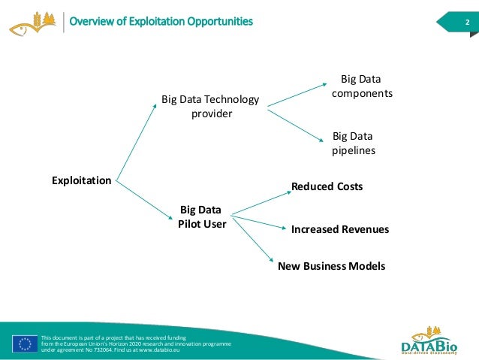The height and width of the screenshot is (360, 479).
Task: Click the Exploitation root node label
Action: (81, 180)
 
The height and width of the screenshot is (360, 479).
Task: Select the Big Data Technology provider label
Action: (210, 106)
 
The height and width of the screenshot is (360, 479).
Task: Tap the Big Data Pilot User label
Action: (202, 216)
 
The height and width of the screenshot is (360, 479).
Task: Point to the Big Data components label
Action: (362, 86)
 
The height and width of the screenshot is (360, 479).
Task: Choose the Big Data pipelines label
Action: (353, 144)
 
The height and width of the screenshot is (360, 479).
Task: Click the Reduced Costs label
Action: (327, 186)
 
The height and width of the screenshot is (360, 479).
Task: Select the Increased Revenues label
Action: (340, 229)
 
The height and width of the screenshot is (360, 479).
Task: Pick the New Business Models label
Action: (331, 266)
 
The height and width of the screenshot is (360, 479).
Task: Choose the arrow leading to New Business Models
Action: (252, 241)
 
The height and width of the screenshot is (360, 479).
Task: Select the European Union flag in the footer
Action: (25, 343)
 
